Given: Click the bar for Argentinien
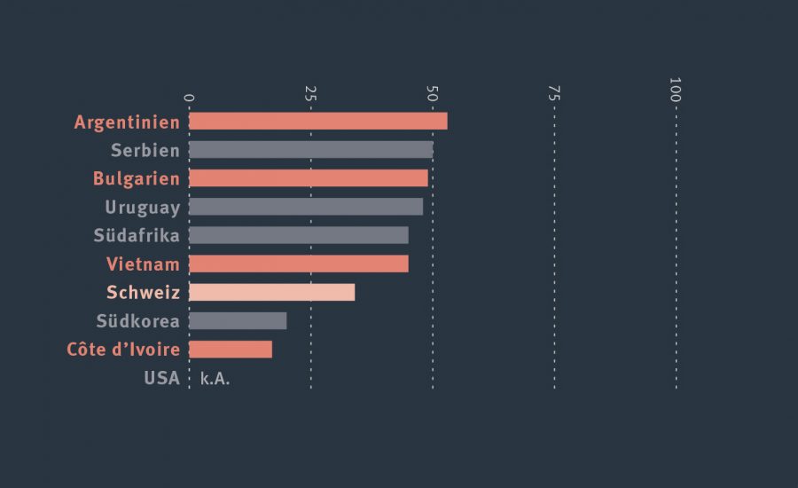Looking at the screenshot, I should click(317, 122).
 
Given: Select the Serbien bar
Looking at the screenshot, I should click(310, 150).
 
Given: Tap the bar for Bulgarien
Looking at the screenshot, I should click(308, 178).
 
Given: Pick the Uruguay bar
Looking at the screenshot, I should click(305, 207).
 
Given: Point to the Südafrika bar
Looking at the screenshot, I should click(298, 235).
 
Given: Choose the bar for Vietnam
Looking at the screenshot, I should click(298, 264).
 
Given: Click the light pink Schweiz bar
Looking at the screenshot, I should click(271, 292).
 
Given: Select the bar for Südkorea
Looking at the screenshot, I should click(237, 320).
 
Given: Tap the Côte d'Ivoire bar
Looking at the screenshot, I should click(230, 349).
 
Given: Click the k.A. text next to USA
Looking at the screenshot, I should click(215, 378).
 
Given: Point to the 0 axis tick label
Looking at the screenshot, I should click(188, 97).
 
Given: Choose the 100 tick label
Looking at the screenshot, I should click(676, 89).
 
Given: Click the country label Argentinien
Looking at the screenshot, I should click(127, 122).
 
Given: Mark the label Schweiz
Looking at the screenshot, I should click(143, 293).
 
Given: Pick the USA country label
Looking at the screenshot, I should click(161, 378).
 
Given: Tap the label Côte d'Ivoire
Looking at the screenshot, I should click(123, 350).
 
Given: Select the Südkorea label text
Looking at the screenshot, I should click(137, 321).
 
